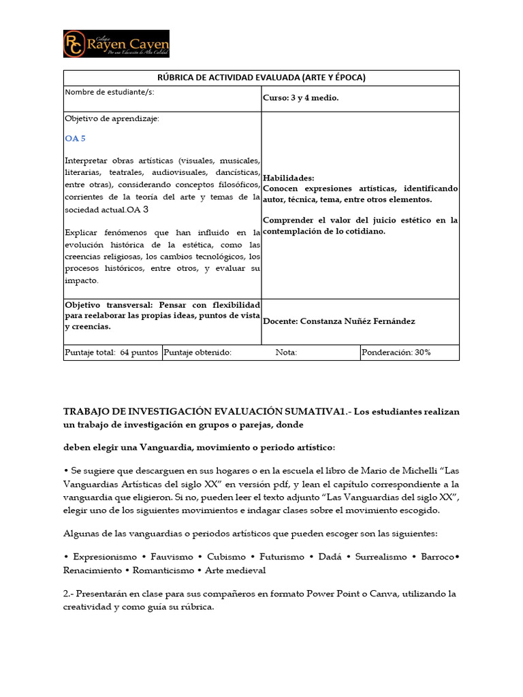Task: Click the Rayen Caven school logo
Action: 116,44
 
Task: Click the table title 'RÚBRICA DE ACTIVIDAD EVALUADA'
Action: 261,78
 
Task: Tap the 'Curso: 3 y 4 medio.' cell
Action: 300,98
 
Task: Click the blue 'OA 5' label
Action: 75,138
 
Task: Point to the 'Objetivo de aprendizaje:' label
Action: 112,118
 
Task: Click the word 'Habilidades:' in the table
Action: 288,178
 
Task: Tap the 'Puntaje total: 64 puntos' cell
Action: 112,353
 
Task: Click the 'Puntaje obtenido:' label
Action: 197,353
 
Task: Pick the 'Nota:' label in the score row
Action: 286,353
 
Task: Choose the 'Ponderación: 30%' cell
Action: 396,353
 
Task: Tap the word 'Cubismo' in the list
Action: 227,557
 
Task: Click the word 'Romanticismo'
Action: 161,570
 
